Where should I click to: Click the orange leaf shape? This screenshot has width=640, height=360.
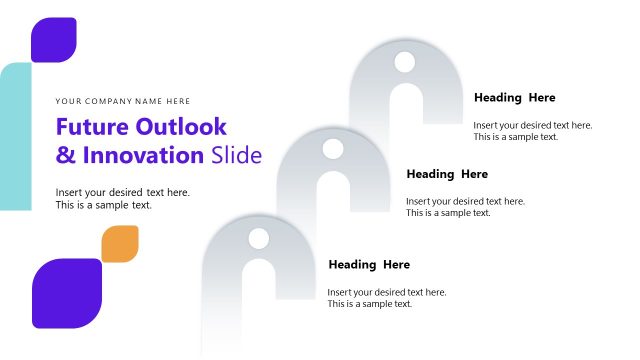pos(120,244)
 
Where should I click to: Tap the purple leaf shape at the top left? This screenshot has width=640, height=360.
pos(53,40)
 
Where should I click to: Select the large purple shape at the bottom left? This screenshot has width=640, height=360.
pos(67,293)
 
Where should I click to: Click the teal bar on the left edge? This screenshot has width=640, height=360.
pos(14,136)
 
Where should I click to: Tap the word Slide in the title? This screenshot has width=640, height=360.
pos(237,155)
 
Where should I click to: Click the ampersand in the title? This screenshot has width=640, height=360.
pos(65,156)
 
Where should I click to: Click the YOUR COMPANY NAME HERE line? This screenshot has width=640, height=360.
pos(123,101)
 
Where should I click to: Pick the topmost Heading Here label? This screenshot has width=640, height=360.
pos(514,98)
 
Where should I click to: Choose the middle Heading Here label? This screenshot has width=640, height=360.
pos(447,174)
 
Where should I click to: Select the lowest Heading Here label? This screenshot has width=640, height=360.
pos(369,265)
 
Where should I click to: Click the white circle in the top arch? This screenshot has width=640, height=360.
pos(404,62)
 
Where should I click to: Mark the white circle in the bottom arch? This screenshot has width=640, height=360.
pos(259,239)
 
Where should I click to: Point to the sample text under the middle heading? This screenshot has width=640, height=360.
pos(465,207)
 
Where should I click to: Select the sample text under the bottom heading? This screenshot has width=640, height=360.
pos(387,298)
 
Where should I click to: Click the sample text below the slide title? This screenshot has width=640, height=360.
pos(122,198)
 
